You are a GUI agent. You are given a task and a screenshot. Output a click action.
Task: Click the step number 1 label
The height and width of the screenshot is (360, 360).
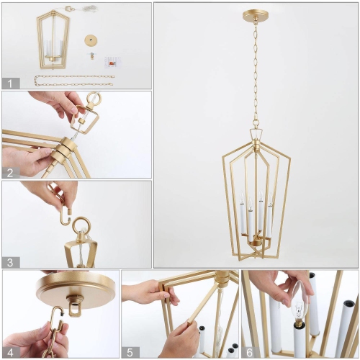click(x=9, y=84)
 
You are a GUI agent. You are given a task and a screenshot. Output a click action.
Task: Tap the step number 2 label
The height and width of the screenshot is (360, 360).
click(x=9, y=172)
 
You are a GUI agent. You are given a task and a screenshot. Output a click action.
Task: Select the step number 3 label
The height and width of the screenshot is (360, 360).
click(x=9, y=262)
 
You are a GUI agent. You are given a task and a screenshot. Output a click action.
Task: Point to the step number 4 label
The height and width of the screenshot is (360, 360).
click(x=9, y=351)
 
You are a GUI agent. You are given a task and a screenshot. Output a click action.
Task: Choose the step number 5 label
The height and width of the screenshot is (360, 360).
click(x=129, y=351)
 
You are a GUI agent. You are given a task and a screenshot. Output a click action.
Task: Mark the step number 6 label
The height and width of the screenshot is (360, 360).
click(x=248, y=351)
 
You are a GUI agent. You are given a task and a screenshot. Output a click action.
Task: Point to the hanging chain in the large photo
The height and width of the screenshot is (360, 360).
click(x=255, y=72)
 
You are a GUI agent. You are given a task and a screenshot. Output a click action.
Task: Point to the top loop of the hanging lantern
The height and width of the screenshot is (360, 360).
click(x=256, y=134)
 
